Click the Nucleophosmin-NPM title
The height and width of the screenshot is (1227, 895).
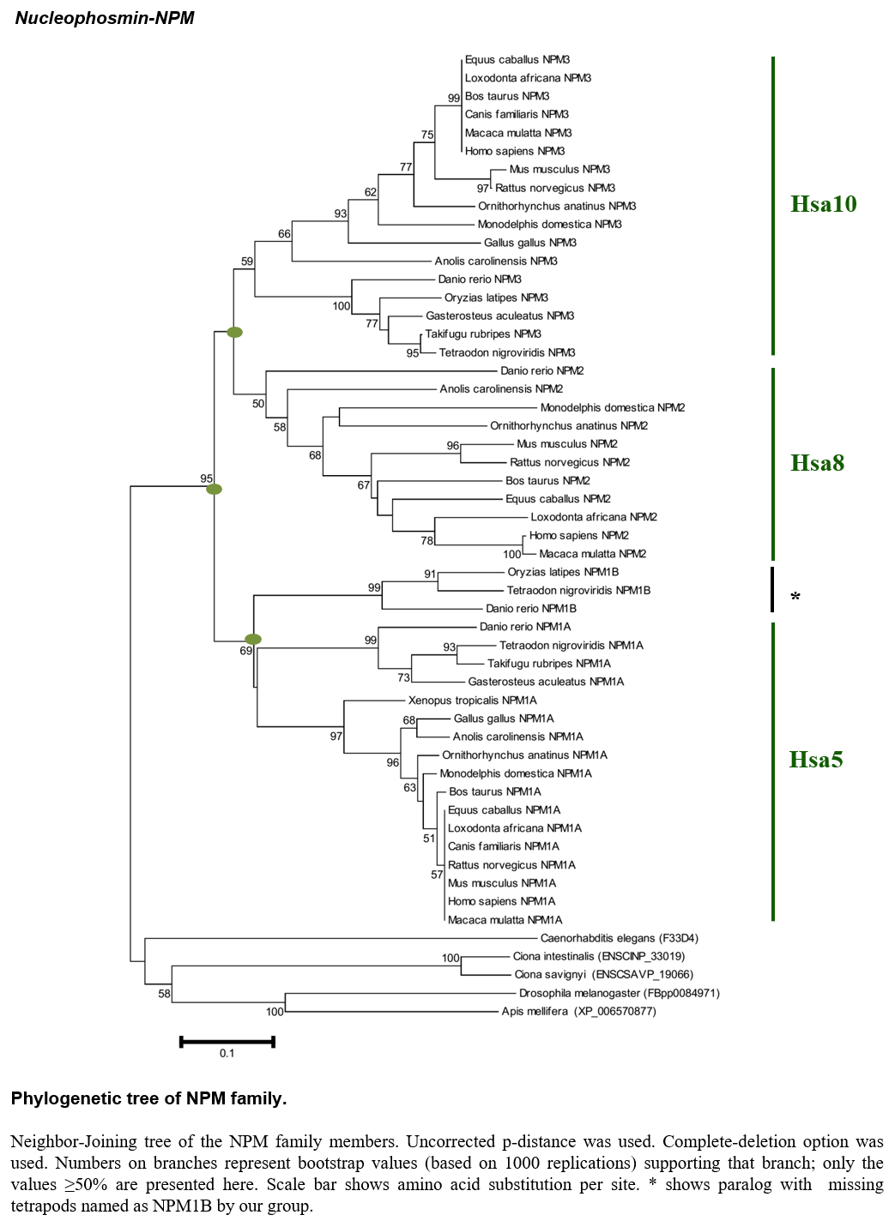pyautogui.click(x=104, y=18)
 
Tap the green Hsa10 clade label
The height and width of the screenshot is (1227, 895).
pyautogui.click(x=823, y=204)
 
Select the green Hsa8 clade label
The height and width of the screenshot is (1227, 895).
pyautogui.click(x=817, y=463)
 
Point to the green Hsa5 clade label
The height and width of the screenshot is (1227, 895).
pyautogui.click(x=815, y=759)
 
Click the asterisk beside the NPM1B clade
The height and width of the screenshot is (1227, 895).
pyautogui.click(x=795, y=597)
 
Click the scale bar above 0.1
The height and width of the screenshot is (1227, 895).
pyautogui.click(x=227, y=1041)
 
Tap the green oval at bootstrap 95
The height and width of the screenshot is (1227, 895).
pyautogui.click(x=214, y=489)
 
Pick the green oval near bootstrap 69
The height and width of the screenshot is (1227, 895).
pyautogui.click(x=252, y=639)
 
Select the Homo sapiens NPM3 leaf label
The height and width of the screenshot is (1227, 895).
pyautogui.click(x=515, y=151)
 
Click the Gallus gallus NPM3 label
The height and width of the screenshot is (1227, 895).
pyautogui.click(x=530, y=243)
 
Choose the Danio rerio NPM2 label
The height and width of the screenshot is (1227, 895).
pyautogui.click(x=542, y=370)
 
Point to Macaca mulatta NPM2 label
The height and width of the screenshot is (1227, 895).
pyautogui.click(x=592, y=554)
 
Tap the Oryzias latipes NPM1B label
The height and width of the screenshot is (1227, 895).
pyautogui.click(x=563, y=572)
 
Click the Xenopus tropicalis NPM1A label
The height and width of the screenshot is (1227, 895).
pyautogui.click(x=473, y=700)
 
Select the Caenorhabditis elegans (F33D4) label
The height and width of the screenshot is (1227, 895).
pyautogui.click(x=620, y=938)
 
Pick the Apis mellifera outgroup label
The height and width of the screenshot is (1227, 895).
pyautogui.click(x=578, y=1011)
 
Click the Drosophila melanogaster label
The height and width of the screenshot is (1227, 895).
pyautogui.click(x=620, y=993)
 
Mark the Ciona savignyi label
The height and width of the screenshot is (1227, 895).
pyautogui.click(x=603, y=974)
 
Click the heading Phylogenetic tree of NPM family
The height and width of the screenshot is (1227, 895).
pyautogui.click(x=148, y=1098)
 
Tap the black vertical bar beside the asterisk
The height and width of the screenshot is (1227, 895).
pyautogui.click(x=772, y=589)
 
